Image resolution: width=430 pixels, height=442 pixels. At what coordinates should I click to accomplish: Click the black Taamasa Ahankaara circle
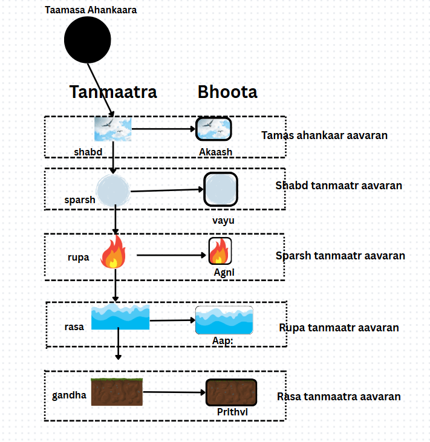(88, 41)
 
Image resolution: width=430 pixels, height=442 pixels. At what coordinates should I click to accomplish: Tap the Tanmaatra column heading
(113, 92)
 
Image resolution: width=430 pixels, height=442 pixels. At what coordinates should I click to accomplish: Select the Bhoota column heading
(227, 92)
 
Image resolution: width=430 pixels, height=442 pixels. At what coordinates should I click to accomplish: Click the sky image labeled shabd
(113, 129)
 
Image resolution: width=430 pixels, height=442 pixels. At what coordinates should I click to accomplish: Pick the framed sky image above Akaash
(214, 129)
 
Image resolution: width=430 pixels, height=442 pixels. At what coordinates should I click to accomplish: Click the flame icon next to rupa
(113, 252)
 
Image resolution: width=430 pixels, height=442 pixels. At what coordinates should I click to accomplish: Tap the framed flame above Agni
(220, 250)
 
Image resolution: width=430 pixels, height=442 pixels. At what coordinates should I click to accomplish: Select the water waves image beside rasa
(120, 317)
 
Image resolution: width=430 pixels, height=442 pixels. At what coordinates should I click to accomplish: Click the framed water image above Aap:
(224, 320)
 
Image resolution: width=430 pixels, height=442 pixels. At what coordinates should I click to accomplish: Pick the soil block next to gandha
(117, 392)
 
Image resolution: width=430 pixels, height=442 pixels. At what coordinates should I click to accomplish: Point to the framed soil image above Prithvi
(231, 392)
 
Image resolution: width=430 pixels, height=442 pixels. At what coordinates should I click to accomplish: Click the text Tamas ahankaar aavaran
(324, 135)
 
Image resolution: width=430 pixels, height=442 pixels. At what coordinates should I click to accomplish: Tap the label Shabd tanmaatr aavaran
(339, 186)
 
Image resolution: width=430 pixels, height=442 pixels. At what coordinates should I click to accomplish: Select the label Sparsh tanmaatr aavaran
(340, 256)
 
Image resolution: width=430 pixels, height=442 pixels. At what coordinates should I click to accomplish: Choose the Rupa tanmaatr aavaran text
(339, 328)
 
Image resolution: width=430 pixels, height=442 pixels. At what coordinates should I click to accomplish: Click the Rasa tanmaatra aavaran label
(339, 397)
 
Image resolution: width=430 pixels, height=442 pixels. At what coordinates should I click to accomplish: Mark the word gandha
(69, 396)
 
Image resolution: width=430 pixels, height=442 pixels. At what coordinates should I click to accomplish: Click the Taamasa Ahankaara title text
(91, 10)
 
